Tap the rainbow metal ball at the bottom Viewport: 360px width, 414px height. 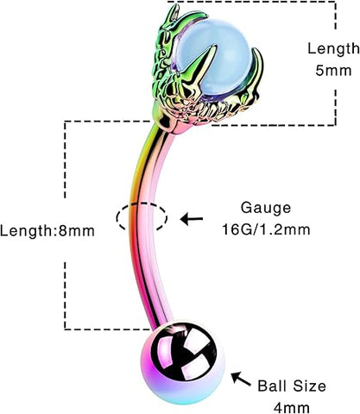(x=182, y=363)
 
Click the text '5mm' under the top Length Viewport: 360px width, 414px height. (x=333, y=71)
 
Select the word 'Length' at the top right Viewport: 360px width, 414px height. (x=333, y=49)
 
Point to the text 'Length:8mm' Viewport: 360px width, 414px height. (x=47, y=231)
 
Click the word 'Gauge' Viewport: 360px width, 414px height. (x=266, y=209)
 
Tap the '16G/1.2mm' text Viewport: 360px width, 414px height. (x=266, y=229)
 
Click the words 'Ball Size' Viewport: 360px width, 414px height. (x=291, y=386)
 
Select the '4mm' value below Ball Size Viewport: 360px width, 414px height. (x=291, y=408)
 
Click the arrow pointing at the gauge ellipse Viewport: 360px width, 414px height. (x=192, y=219)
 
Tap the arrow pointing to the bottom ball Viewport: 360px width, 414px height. (x=241, y=379)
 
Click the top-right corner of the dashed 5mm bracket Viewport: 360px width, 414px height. (x=335, y=2)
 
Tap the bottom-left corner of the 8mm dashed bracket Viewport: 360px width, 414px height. (x=65, y=329)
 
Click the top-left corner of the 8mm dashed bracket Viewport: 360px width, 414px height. (x=65, y=122)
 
